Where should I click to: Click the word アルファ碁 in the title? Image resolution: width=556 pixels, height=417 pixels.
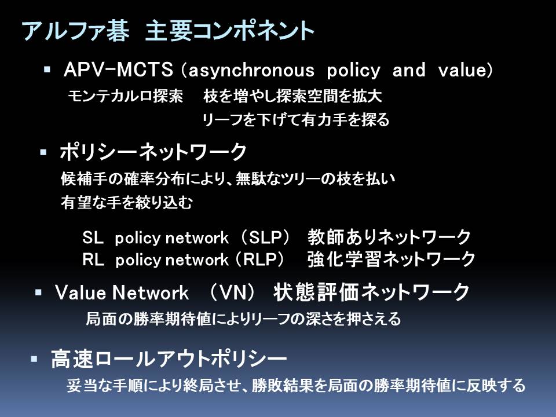point(75,31)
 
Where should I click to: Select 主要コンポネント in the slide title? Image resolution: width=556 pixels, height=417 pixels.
point(230,31)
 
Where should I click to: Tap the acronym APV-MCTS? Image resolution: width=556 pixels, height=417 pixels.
point(118,69)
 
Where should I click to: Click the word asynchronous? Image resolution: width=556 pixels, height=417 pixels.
point(251,71)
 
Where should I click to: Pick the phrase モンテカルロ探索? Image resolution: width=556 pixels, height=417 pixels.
point(126,96)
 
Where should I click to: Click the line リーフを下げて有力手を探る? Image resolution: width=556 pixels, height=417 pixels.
point(296,120)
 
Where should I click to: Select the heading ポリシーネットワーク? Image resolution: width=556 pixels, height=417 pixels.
point(153,152)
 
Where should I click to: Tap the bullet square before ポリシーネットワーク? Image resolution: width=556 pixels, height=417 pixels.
point(43,153)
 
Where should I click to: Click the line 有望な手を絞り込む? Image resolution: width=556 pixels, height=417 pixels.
point(127,203)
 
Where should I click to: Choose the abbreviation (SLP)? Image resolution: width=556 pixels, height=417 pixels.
point(265,237)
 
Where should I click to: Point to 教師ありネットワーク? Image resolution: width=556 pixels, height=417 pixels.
point(389,237)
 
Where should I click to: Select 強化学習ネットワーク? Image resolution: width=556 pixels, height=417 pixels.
point(391,259)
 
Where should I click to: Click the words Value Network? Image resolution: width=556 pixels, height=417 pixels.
point(122,293)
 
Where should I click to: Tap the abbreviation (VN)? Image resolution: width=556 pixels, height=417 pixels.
point(232,293)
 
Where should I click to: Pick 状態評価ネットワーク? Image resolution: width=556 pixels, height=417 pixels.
point(371,292)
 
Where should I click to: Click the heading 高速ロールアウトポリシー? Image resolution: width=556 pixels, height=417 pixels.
point(169,359)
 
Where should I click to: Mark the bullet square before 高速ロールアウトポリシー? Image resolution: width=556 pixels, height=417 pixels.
point(34,359)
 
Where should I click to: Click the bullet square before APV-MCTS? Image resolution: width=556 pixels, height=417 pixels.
point(47,69)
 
